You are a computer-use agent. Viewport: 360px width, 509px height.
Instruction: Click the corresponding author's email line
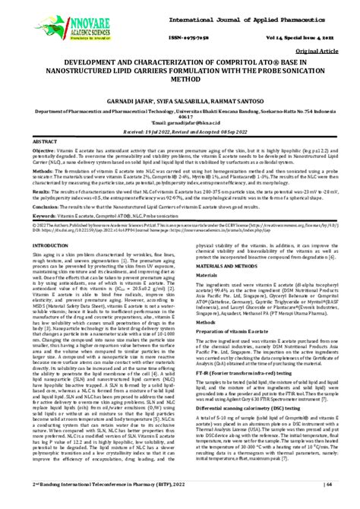[180, 128]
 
